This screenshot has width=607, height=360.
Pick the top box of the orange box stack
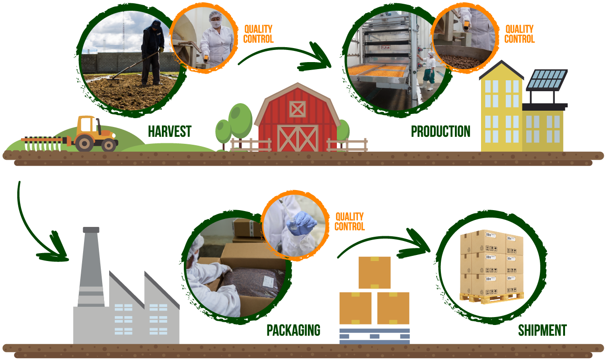377,274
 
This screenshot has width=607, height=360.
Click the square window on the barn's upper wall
297,109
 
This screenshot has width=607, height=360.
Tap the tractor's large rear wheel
84,142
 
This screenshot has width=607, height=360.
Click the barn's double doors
297,138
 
